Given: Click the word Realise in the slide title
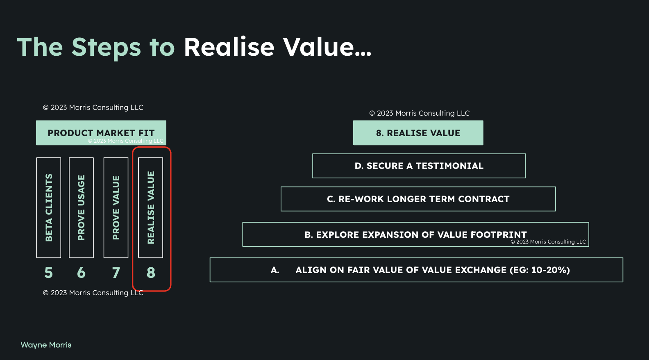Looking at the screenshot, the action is (x=229, y=47).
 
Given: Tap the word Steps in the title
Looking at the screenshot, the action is (x=106, y=48).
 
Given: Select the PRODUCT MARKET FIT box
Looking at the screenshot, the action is (x=101, y=133).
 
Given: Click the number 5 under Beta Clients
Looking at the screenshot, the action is (x=49, y=273).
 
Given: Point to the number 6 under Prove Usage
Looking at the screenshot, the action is (x=81, y=273).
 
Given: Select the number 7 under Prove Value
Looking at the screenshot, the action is (x=116, y=273).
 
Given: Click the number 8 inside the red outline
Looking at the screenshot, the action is (x=151, y=273).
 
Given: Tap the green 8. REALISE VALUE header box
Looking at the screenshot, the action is (x=418, y=133).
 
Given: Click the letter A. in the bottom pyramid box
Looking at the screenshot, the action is (x=275, y=270).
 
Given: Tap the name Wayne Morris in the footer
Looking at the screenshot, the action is (x=46, y=345).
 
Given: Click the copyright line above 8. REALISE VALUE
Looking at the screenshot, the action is (x=419, y=113).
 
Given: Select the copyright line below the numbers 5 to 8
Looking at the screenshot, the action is (x=93, y=293).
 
